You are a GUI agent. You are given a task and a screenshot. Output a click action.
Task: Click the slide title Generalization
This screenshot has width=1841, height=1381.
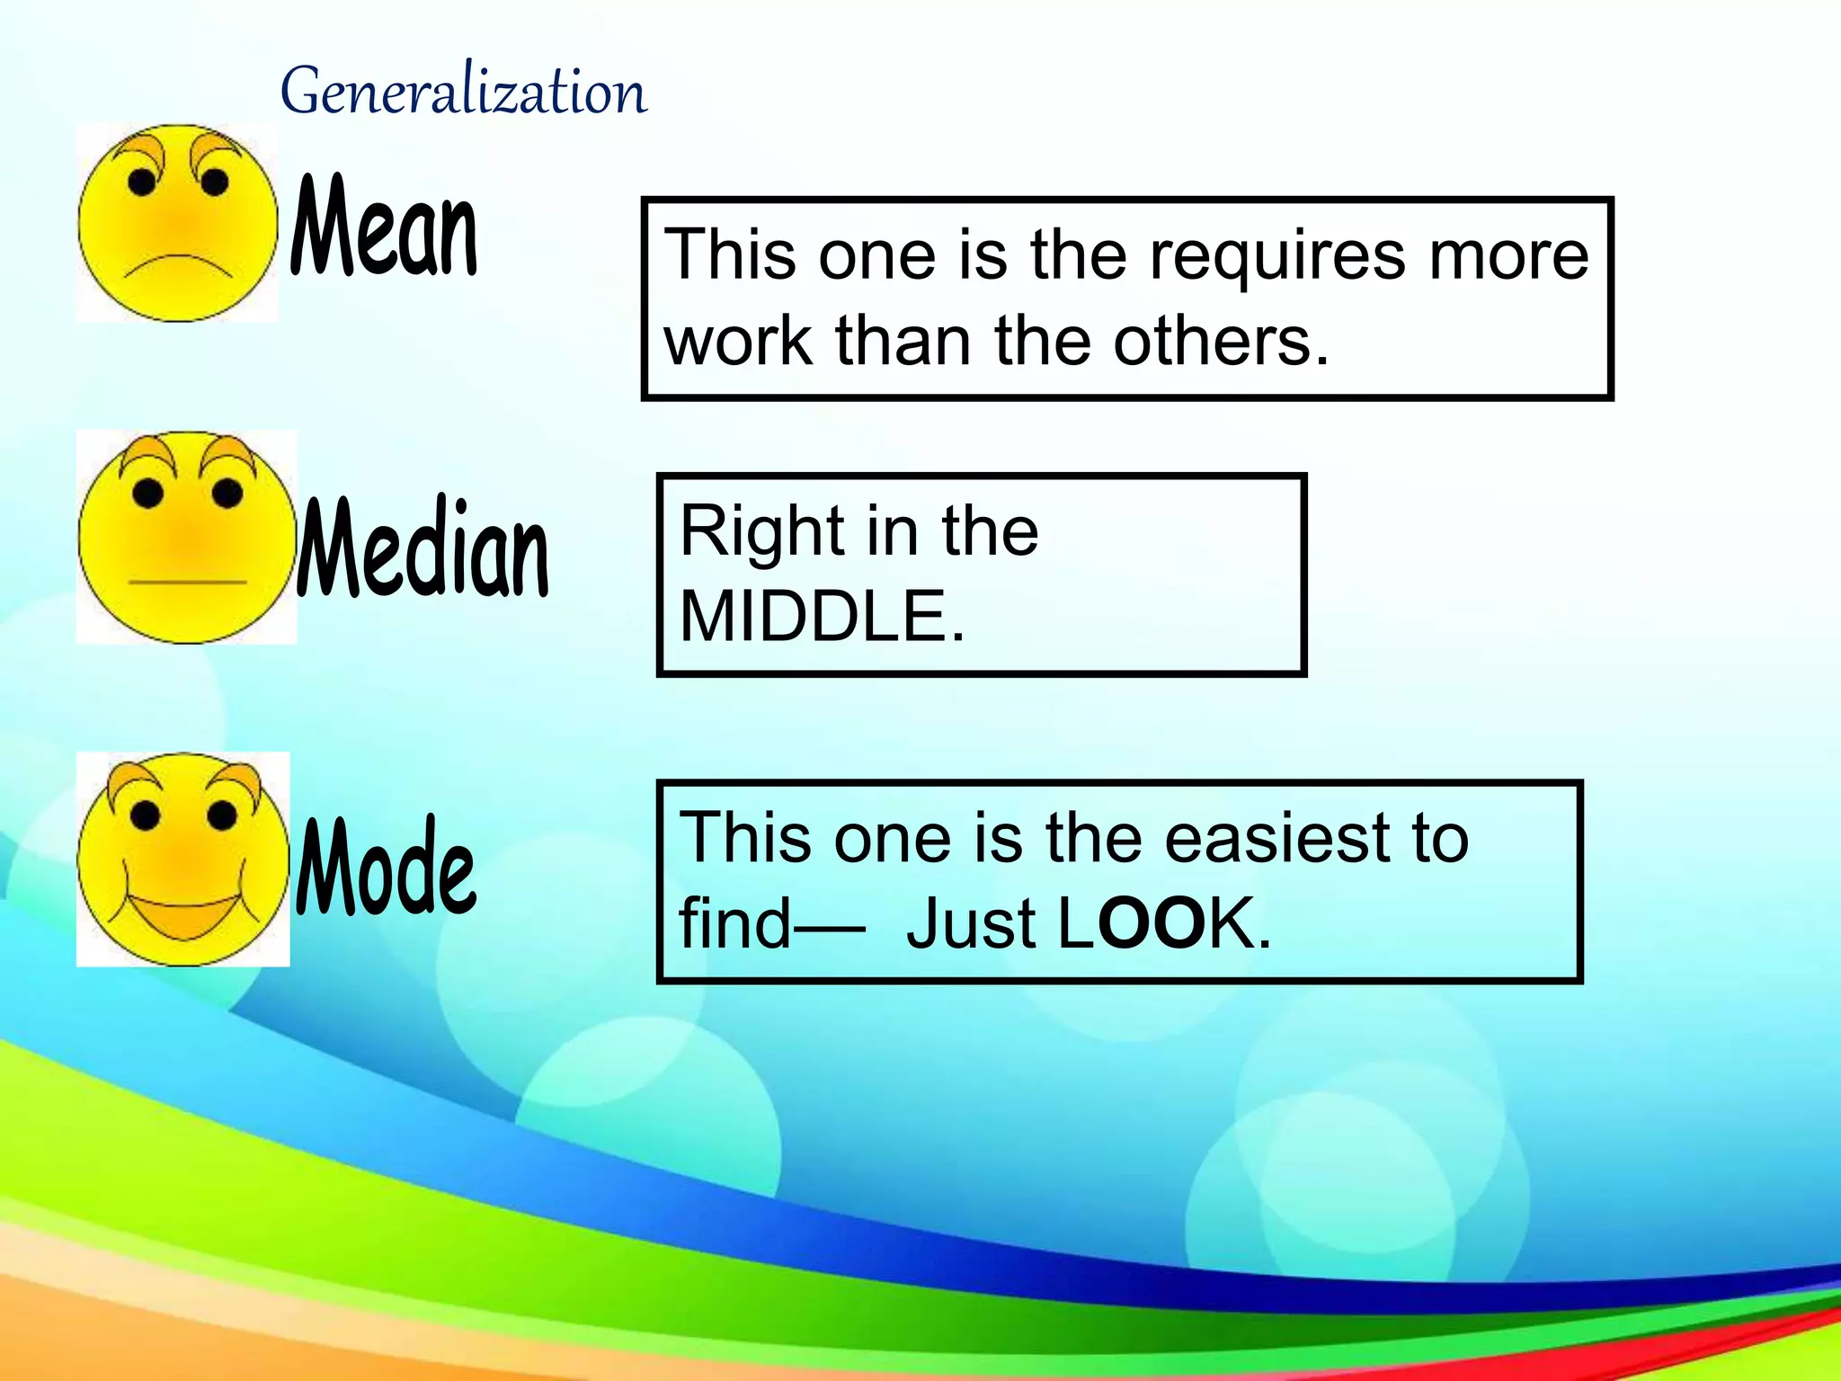[463, 92]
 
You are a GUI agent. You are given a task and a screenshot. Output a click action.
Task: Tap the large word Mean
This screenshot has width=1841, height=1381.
[384, 227]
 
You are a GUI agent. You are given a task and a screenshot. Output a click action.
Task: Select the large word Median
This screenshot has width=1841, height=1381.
[422, 548]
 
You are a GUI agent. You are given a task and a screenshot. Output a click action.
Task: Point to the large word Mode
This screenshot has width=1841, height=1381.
[386, 868]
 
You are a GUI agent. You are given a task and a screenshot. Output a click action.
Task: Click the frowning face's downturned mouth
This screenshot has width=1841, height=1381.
[178, 266]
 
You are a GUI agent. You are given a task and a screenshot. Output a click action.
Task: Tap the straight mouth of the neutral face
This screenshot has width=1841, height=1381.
[187, 583]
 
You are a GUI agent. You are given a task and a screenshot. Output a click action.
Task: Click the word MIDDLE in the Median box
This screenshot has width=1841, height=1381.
[822, 617]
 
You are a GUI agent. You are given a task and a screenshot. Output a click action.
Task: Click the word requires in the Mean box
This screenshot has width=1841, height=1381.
[1277, 255]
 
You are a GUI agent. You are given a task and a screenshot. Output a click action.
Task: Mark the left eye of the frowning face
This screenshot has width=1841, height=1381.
[142, 183]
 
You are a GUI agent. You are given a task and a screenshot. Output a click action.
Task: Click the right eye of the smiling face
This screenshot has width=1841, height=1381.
[221, 815]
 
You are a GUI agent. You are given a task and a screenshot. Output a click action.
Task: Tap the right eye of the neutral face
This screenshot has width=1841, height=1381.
[227, 493]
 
